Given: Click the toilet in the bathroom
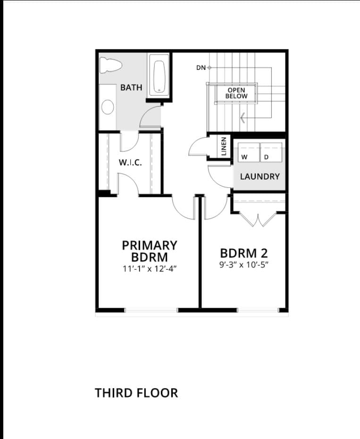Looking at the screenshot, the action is click(111, 65).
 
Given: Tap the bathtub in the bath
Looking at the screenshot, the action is click(159, 76).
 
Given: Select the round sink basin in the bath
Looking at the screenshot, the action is click(108, 107).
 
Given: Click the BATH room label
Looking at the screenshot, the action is click(131, 88).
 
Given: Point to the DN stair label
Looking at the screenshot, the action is click(201, 68).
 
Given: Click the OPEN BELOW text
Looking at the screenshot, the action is click(236, 93).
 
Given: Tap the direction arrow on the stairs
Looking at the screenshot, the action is click(243, 117).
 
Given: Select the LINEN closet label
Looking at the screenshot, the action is click(224, 147).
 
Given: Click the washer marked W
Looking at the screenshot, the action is click(249, 152).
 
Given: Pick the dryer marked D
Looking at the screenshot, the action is click(271, 152).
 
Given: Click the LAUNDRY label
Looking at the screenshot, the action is click(260, 177).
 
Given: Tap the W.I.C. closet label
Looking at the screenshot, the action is click(130, 163).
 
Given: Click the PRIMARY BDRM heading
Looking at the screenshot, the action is click(150, 251).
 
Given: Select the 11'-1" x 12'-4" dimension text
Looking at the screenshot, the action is click(150, 269).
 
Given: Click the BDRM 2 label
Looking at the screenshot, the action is click(244, 253).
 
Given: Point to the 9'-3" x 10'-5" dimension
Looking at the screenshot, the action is click(244, 265).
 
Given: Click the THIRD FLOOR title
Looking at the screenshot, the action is click(136, 393).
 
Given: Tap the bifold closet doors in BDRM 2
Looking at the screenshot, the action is click(258, 220).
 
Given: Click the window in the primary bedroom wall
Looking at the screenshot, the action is click(151, 310).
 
